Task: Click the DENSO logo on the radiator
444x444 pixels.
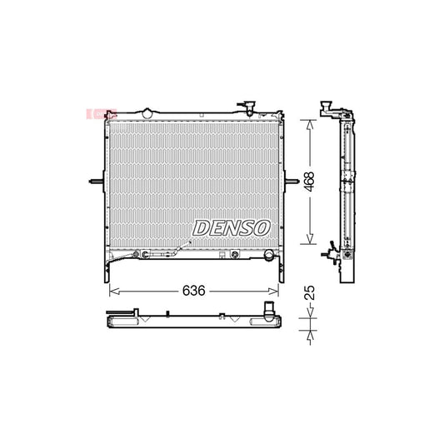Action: pyautogui.click(x=232, y=227)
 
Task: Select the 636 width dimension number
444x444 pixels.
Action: pyautogui.click(x=195, y=292)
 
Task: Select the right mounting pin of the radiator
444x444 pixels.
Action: pyautogui.click(x=292, y=182)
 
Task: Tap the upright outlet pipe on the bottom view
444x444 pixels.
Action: pyautogui.click(x=268, y=309)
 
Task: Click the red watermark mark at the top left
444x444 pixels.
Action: pyautogui.click(x=91, y=113)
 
